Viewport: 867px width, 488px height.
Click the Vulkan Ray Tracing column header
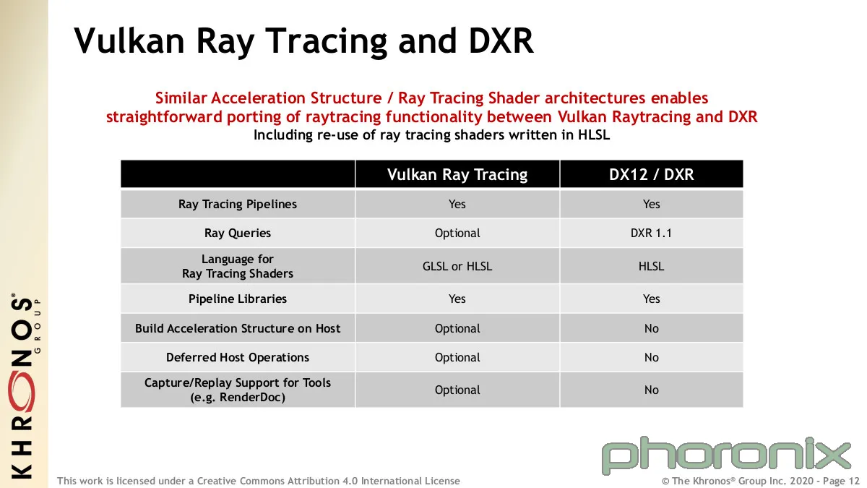click(x=457, y=174)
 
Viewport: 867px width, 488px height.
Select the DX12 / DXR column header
click(x=652, y=174)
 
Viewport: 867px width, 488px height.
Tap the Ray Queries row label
click(x=237, y=233)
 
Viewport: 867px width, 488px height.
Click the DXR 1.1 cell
click(x=651, y=233)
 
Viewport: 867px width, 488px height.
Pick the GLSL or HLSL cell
click(x=457, y=266)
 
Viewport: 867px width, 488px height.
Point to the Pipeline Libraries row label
click(x=237, y=299)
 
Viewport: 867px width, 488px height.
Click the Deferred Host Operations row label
click(x=237, y=357)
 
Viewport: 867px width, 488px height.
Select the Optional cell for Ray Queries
click(x=457, y=233)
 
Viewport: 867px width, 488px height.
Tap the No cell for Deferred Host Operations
click(x=652, y=357)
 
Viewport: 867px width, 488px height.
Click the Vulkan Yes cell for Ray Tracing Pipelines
click(x=457, y=204)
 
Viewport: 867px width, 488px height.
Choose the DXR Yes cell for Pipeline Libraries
click(x=652, y=299)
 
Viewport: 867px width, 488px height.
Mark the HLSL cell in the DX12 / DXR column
click(x=652, y=266)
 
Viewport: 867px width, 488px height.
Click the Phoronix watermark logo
click(x=726, y=456)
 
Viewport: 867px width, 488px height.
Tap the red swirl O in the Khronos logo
click(x=23, y=391)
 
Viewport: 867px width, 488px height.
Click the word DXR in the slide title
click(x=501, y=40)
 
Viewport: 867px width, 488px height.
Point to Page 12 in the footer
click(x=840, y=481)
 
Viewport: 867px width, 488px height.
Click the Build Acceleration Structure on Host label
click(x=237, y=328)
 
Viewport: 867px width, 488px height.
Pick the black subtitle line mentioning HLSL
click(x=431, y=134)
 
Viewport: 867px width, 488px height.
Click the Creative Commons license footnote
click(x=259, y=481)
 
